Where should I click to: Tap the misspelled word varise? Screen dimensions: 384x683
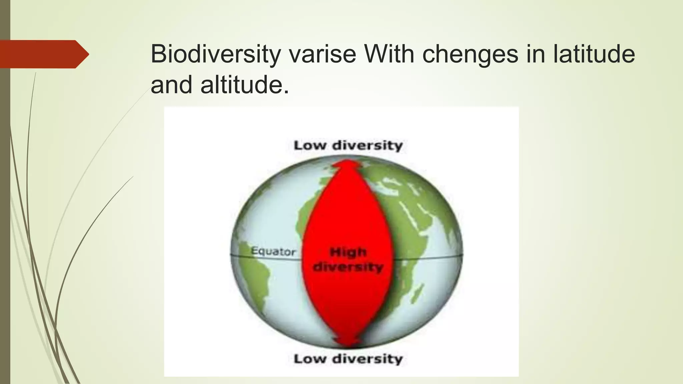point(322,54)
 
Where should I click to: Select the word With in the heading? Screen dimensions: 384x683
point(389,54)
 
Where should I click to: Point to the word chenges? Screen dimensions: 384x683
point(470,54)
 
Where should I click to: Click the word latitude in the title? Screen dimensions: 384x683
point(594,54)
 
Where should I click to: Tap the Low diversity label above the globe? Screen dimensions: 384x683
point(348,146)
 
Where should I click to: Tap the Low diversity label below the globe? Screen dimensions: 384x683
point(348,359)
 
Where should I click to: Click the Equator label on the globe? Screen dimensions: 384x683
point(273,251)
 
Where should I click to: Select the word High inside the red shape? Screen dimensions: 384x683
point(348,252)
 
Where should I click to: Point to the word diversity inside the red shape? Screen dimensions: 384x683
point(348,267)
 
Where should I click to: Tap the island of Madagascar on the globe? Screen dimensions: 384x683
point(418,293)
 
